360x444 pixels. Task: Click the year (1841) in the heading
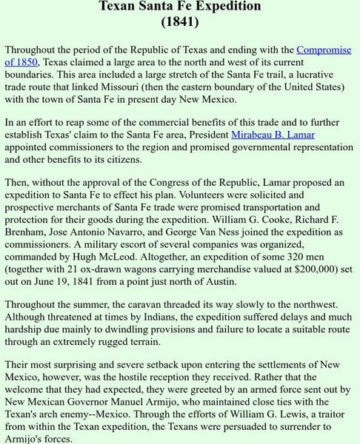tap(180, 21)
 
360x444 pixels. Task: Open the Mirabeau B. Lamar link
tap(273, 135)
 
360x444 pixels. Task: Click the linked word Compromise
tap(324, 50)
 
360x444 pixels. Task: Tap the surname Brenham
tap(26, 232)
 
